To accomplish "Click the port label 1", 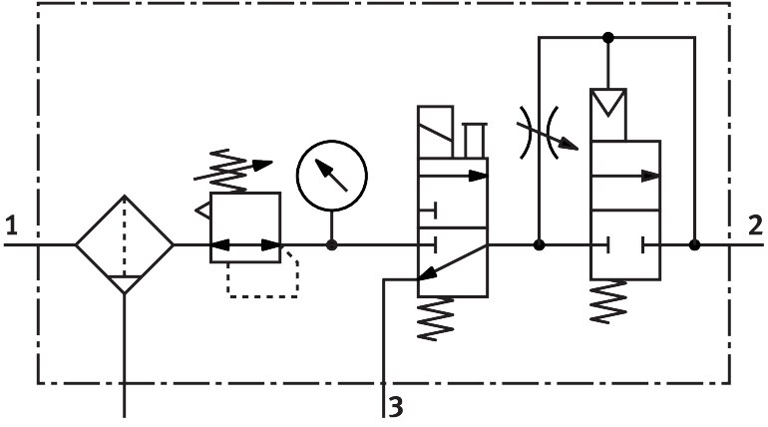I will pyautogui.click(x=11, y=225).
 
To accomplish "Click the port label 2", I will pyautogui.click(x=755, y=225).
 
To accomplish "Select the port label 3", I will pyautogui.click(x=397, y=406).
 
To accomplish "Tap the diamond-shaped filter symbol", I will pyautogui.click(x=125, y=244).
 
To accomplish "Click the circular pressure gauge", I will pyautogui.click(x=331, y=173).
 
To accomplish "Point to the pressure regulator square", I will pyautogui.click(x=245, y=227).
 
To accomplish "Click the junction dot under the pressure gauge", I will pyautogui.click(x=331, y=244).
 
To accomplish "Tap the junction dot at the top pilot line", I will pyautogui.click(x=608, y=38).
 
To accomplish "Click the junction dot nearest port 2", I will pyautogui.click(x=694, y=244).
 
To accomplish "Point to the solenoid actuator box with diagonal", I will pyautogui.click(x=438, y=131).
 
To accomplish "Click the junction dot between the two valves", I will pyautogui.click(x=539, y=244).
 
